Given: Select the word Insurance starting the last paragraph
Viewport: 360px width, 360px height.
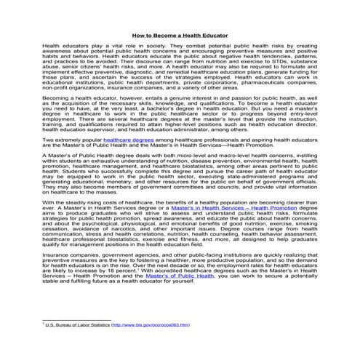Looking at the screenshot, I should (57, 256).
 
